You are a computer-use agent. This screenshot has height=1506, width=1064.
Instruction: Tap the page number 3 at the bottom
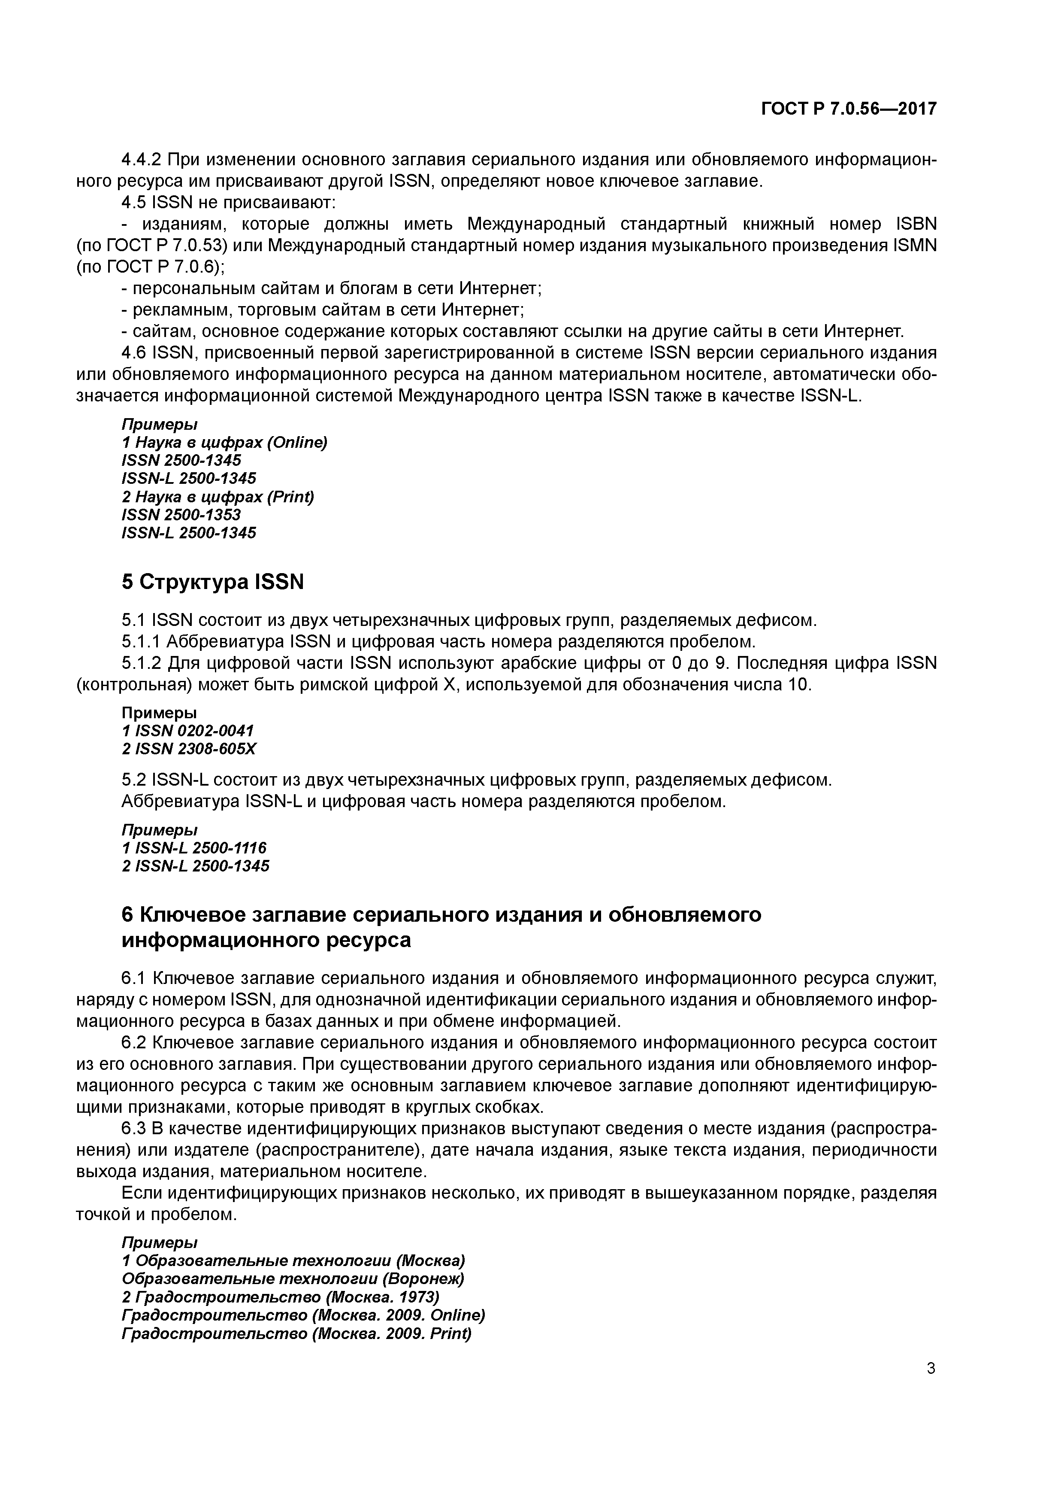930,1368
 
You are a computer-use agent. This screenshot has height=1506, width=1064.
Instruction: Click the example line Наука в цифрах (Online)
224,442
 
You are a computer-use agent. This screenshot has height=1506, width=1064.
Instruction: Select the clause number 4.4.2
142,159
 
